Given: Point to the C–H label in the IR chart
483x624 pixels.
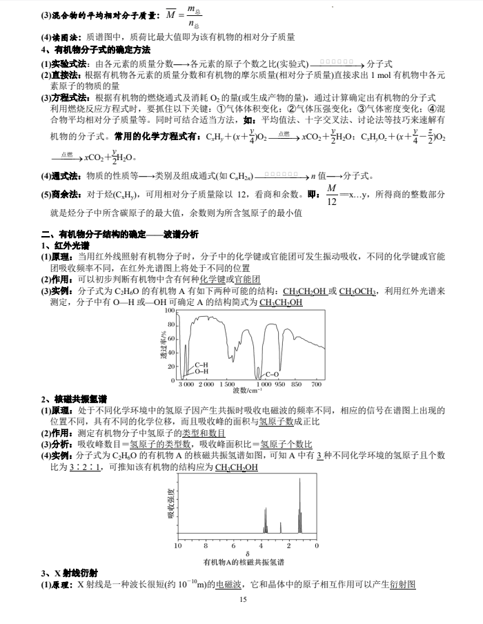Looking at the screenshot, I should (x=202, y=364).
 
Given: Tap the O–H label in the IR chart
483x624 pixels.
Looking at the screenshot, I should (x=202, y=371).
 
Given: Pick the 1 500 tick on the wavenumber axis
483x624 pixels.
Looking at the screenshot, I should (x=226, y=384).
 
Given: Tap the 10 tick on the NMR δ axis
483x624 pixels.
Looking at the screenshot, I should (x=177, y=545).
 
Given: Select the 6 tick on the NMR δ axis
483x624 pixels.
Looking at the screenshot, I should (x=233, y=545).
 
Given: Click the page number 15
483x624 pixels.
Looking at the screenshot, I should (x=242, y=599).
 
